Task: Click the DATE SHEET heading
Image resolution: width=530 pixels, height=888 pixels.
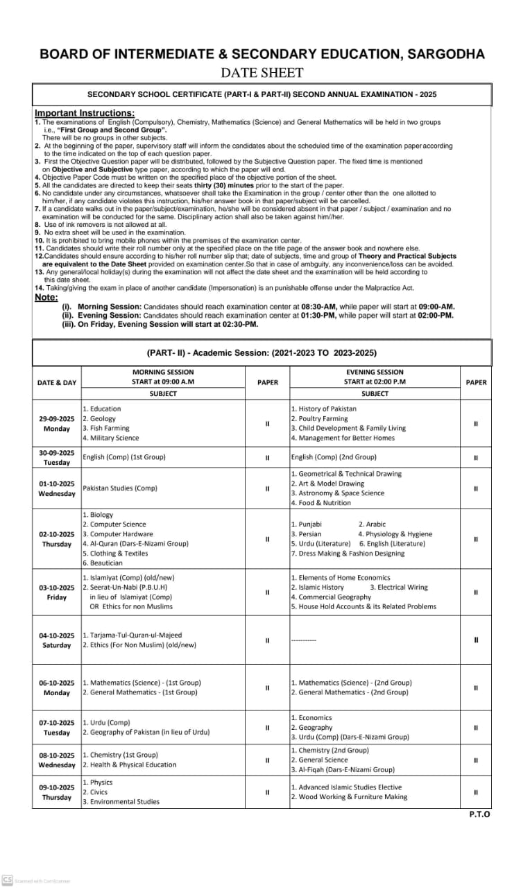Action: pyautogui.click(x=262, y=72)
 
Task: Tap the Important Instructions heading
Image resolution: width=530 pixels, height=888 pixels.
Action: pyautogui.click(x=85, y=113)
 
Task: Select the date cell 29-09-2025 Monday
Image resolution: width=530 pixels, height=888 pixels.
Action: pyautogui.click(x=57, y=423)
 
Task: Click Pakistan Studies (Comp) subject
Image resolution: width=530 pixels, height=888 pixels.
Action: pyautogui.click(x=120, y=488)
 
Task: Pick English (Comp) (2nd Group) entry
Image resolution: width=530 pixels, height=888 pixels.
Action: pyautogui.click(x=334, y=457)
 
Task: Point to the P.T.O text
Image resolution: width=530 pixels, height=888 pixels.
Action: pyautogui.click(x=479, y=814)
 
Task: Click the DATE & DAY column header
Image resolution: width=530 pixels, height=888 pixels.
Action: pyautogui.click(x=57, y=382)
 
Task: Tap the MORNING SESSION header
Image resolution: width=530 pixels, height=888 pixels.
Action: pyautogui.click(x=163, y=372)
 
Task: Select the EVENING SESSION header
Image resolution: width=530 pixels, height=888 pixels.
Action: pyautogui.click(x=375, y=372)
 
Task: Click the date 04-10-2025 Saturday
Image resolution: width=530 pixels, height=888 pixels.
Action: pyautogui.click(x=57, y=640)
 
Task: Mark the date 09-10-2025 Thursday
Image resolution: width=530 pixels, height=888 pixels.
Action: pyautogui.click(x=57, y=792)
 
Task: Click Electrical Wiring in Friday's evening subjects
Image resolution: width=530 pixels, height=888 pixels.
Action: pyautogui.click(x=399, y=587)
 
